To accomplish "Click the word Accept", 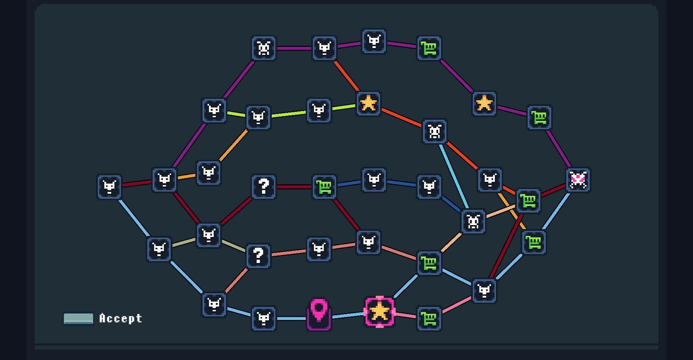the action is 121,318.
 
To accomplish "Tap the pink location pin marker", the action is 319,314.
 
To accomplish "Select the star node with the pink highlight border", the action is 379,311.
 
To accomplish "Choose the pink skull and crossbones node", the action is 578,180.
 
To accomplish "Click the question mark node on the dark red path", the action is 264,187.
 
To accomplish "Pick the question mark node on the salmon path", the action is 258,256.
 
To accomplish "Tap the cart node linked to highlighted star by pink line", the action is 429,319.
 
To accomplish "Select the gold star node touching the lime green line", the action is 368,104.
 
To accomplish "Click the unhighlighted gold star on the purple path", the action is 484,104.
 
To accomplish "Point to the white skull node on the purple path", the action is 264,48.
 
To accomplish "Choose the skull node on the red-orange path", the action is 435,131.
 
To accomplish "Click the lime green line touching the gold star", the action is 344,107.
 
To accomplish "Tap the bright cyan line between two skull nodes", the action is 454,176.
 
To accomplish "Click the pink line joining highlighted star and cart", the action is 405,316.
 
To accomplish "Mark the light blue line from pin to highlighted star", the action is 348,316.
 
